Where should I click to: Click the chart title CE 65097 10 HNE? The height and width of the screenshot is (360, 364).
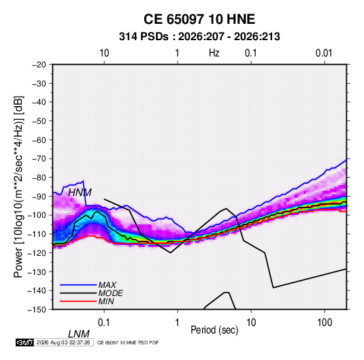[199, 19]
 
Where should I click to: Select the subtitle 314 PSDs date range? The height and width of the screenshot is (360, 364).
[199, 37]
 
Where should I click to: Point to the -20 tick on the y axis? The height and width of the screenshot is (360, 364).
[39, 65]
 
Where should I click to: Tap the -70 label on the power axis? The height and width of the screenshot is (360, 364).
[39, 159]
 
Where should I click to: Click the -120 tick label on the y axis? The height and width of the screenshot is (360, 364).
[37, 252]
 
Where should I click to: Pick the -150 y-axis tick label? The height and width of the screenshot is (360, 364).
[37, 310]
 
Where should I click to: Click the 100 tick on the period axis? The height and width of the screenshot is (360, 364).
[325, 323]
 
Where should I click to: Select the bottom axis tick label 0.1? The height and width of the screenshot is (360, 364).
[104, 323]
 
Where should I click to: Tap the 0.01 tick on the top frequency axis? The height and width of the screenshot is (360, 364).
[324, 53]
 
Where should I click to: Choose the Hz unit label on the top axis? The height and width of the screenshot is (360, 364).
[214, 53]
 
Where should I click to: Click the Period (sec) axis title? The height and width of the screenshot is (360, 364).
[214, 330]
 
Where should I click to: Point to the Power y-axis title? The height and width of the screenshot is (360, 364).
[18, 187]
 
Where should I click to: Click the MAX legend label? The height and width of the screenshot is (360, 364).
[107, 284]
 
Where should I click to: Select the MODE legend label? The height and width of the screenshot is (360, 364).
[110, 293]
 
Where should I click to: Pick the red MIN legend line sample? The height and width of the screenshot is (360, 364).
[78, 301]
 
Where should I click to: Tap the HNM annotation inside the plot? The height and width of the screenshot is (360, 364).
[80, 193]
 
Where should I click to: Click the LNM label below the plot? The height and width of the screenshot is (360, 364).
[79, 334]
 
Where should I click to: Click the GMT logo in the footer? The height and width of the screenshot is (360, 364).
[25, 342]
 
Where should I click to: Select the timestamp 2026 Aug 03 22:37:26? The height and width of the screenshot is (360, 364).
[63, 342]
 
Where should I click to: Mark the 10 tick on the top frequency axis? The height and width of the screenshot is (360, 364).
[104, 53]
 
